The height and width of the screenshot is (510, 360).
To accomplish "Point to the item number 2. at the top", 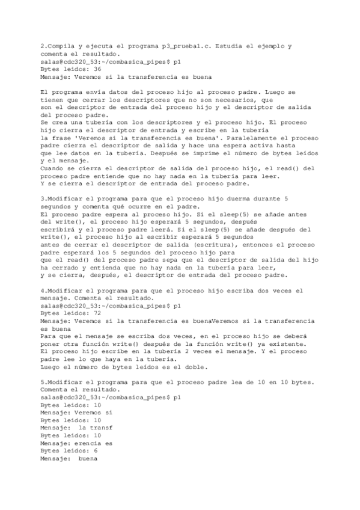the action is point(43,46).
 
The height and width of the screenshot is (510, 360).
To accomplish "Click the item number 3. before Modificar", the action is point(43,198).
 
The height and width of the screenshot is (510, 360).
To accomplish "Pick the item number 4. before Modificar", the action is point(43,290).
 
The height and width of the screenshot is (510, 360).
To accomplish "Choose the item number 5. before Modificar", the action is point(43,382).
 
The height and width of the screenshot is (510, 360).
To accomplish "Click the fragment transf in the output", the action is point(100,428).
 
